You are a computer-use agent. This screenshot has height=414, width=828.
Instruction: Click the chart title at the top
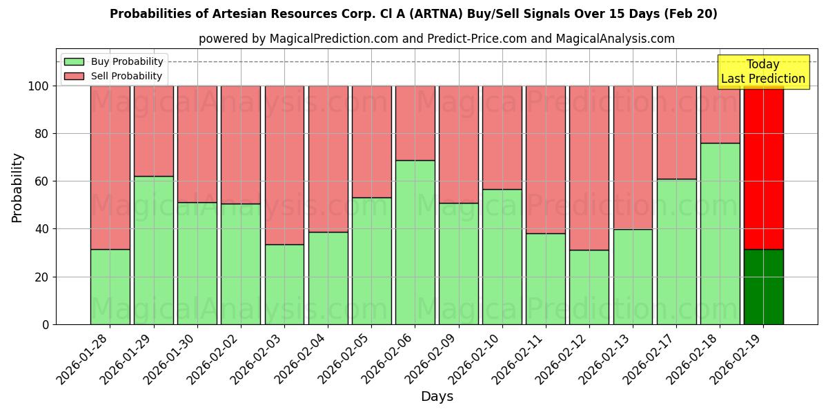413,14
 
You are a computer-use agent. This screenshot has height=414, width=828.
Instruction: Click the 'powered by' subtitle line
436,39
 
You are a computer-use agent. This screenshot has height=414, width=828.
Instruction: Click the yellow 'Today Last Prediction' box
762,72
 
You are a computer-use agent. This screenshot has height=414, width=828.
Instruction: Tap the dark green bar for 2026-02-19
763,286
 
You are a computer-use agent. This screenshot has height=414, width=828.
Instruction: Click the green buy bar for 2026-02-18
720,233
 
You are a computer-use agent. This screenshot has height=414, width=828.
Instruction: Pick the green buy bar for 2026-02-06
415,241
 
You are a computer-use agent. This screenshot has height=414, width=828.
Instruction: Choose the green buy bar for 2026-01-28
110,286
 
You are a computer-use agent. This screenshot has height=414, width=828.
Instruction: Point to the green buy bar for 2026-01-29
153,250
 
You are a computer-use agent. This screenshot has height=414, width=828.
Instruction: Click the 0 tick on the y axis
46,324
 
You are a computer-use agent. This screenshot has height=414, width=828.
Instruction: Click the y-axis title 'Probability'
17,187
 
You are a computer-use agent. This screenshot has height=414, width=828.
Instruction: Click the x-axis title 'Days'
437,397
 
